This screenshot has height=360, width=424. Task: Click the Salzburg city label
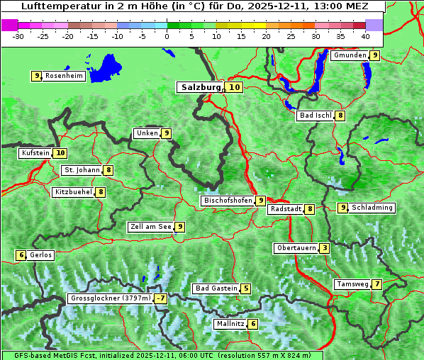tap(201, 87)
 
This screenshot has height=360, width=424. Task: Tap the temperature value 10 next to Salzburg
tap(235, 87)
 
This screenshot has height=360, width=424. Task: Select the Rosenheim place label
tap(64, 76)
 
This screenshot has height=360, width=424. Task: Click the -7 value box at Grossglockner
tap(161, 298)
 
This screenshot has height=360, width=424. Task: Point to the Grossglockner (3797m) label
tap(111, 298)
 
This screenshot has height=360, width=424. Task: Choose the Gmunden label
tap(350, 55)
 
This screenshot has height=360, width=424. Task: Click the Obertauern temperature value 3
tap(324, 248)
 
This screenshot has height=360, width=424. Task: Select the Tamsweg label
tap(352, 284)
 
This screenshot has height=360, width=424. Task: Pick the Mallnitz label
tap(230, 324)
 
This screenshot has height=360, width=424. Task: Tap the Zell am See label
tap(151, 227)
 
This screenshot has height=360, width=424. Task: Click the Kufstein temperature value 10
tap(60, 153)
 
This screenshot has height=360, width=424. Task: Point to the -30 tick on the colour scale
tap(18, 35)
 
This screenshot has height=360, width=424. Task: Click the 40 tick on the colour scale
tap(365, 35)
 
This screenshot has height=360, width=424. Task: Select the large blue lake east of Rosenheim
tap(108, 68)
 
